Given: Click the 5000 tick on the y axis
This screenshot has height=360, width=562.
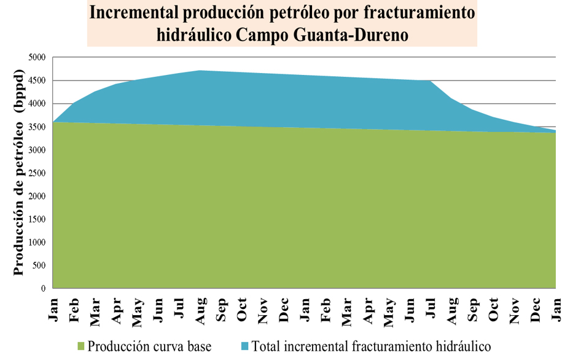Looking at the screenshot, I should pos(37,57).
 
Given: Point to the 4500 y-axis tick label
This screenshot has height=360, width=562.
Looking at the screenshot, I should pos(37,80).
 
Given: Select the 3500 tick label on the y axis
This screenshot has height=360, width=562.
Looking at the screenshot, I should pos(37,127).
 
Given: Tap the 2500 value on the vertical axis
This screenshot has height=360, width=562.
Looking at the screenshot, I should pos(37,173).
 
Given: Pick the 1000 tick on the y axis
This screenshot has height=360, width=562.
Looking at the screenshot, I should pos(37,242).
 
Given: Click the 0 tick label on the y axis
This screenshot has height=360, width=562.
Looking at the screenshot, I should pos(44,288).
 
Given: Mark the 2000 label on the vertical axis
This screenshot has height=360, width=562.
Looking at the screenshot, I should pos(37,196).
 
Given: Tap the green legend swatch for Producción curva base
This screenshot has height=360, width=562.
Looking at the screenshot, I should pos(81,346).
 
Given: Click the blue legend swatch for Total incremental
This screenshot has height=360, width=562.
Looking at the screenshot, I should pos(245,346).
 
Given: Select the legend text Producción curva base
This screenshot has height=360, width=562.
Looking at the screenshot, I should pos(149,346).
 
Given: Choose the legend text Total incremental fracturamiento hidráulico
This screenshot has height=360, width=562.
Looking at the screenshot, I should pos(371,346).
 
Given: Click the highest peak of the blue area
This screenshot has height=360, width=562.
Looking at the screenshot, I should pos(200,71).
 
